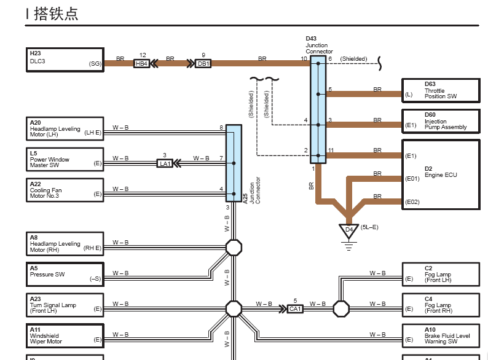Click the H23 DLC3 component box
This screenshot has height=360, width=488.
(x=65, y=60)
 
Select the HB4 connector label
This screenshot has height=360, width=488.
(x=141, y=64)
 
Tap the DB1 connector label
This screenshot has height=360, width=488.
(x=203, y=64)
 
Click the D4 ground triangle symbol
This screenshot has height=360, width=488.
(x=349, y=231)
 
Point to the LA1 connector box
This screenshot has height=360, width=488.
(x=165, y=163)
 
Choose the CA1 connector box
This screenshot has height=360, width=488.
(x=295, y=309)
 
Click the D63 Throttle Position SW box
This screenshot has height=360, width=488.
(x=441, y=90)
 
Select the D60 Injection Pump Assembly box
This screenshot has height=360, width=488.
(x=441, y=122)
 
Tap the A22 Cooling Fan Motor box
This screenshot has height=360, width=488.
(x=65, y=190)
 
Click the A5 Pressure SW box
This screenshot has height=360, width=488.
(x=65, y=274)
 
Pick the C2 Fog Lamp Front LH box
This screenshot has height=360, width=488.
(x=441, y=274)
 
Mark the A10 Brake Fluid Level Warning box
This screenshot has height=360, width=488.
(x=441, y=335)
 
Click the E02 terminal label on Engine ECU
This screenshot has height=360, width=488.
(x=412, y=202)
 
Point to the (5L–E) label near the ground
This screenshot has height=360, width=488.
(x=369, y=227)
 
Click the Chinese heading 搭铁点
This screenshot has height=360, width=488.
(x=56, y=14)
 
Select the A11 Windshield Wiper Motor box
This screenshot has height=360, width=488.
(x=65, y=335)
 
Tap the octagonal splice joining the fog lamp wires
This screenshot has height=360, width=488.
(x=341, y=308)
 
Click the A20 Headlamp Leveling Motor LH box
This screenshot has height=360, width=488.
(x=65, y=129)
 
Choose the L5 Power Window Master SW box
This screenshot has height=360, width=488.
(x=65, y=159)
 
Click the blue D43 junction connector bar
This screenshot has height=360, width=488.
(x=318, y=109)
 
